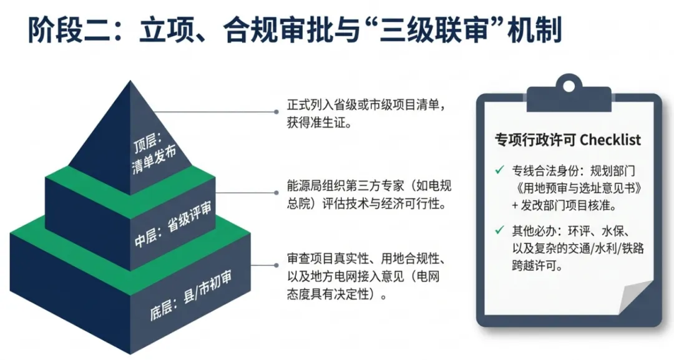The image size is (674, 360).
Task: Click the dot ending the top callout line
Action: pyautogui.click(x=276, y=112)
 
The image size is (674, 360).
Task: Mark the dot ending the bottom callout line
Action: pyautogui.click(x=276, y=266)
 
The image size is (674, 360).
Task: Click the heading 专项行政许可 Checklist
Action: pyautogui.click(x=567, y=139)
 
